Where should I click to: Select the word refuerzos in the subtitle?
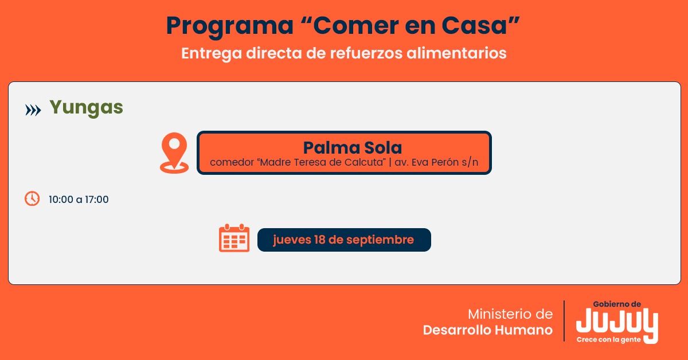coord(366,53)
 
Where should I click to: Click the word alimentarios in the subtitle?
coord(456,53)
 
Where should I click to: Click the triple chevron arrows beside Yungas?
coord(33,110)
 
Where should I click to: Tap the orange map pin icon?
coord(174,152)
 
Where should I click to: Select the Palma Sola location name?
coord(353,148)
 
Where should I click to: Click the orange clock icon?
coord(32,198)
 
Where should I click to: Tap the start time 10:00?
coord(61,199)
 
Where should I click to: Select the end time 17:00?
coord(97,199)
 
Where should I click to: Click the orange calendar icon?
coord(234,238)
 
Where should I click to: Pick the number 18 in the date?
coord(319,240)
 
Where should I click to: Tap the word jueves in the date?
coord(291,240)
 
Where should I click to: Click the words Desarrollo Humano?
coord(488,330)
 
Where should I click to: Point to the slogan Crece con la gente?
coord(608,340)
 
